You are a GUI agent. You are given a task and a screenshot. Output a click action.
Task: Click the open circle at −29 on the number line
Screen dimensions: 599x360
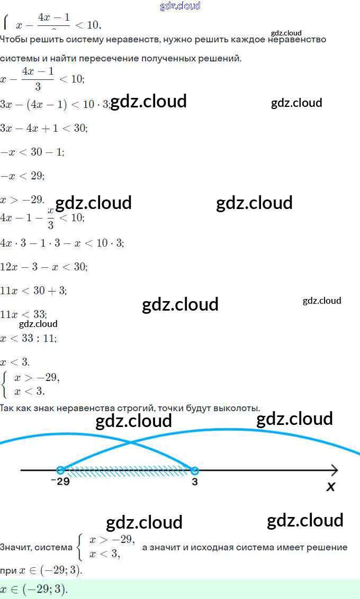(60, 470)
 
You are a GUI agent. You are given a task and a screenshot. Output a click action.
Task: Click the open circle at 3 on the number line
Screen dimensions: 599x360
(194, 470)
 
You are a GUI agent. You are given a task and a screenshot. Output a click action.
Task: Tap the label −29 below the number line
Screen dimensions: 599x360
(60, 482)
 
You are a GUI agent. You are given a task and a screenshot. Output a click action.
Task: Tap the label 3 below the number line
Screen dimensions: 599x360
(195, 482)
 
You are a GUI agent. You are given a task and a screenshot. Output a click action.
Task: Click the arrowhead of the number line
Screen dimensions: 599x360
(334, 470)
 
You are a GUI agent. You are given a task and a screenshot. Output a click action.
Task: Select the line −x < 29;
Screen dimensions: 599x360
(22, 176)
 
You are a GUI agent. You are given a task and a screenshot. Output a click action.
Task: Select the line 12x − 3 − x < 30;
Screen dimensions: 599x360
(44, 267)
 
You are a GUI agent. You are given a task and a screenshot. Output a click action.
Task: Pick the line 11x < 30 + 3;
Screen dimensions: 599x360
(33, 291)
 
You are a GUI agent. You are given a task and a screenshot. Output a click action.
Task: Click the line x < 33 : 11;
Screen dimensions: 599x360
(29, 338)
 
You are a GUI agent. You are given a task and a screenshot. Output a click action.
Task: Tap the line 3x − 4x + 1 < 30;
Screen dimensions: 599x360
(44, 128)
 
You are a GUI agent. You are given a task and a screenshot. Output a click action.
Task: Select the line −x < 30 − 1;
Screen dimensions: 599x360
(32, 152)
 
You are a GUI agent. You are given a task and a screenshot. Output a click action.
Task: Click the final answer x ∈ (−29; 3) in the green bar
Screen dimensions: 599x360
(34, 589)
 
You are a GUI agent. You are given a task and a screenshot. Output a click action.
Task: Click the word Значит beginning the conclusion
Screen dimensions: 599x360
(15, 548)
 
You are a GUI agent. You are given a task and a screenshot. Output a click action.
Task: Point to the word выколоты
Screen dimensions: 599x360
(237, 408)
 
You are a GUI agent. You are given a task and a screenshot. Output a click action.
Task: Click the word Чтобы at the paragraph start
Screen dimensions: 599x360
(14, 40)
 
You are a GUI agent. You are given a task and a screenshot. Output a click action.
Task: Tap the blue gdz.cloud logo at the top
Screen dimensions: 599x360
(180, 6)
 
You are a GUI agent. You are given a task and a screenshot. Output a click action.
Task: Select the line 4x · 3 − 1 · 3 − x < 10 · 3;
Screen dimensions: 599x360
(62, 243)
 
